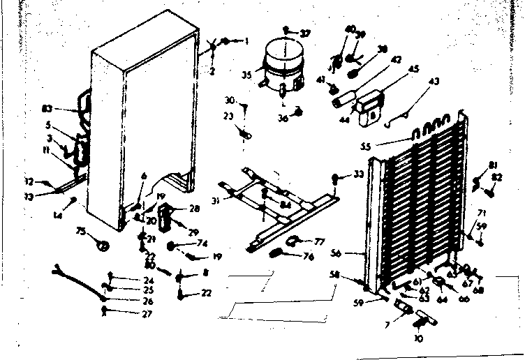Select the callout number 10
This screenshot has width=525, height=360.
pyautogui.click(x=418, y=339)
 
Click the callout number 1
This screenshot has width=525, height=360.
pyautogui.click(x=246, y=40)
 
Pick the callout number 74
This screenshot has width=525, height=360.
pyautogui.click(x=203, y=243)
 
